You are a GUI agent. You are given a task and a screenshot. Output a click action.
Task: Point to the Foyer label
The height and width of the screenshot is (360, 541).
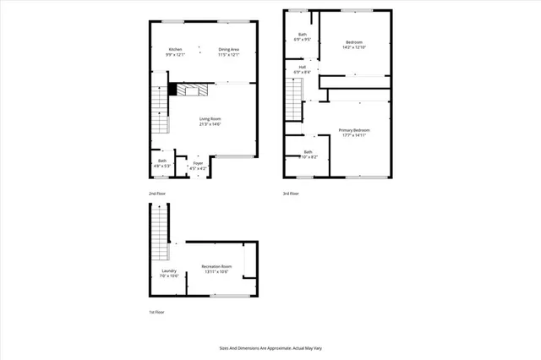click(x=197, y=164)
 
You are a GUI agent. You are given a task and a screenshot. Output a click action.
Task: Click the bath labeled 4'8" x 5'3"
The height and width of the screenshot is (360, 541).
click(x=161, y=163)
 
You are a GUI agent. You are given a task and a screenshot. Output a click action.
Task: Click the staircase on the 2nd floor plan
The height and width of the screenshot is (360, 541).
click(x=158, y=110)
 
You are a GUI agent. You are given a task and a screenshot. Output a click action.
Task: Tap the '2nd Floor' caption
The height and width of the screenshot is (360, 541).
click(x=157, y=194)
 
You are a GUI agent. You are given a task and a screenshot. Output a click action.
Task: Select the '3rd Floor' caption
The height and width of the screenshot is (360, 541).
click(x=291, y=194)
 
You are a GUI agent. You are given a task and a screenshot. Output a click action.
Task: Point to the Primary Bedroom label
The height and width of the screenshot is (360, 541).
click(x=353, y=131)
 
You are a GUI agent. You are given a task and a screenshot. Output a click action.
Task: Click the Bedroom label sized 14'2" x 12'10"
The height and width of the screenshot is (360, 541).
click(x=356, y=44)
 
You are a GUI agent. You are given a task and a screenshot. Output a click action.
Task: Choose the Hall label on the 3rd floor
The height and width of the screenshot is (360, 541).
click(x=302, y=69)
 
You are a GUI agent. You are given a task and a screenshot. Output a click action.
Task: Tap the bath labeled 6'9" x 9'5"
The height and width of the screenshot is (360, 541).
click(x=302, y=36)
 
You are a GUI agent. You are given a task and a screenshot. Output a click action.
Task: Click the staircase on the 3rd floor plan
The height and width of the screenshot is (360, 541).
click(x=292, y=105)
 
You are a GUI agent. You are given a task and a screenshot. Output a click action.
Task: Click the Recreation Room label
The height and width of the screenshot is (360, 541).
click(x=216, y=269)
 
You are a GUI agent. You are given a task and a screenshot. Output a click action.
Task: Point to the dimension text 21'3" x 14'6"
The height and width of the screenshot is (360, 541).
click(x=210, y=124)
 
